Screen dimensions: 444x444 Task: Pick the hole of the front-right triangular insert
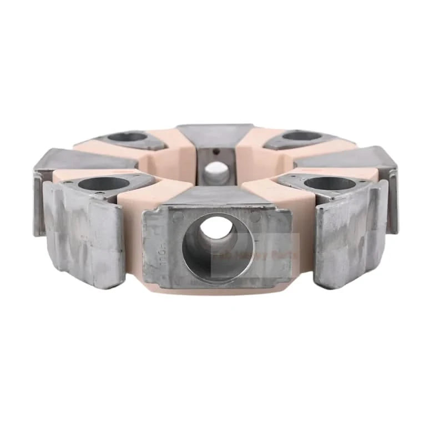tap(330, 183)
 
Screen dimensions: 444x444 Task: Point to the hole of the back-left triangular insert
tap(127, 137)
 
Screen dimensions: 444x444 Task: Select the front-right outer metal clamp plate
tap(350, 233)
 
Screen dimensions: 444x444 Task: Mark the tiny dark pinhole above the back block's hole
tap(216, 151)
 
